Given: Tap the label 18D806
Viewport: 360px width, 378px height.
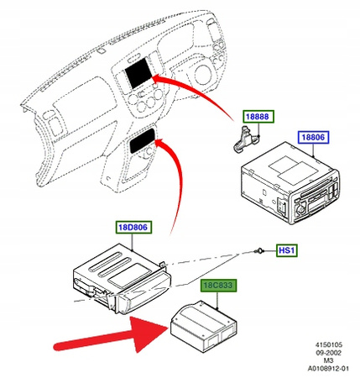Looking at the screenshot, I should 133,227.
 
